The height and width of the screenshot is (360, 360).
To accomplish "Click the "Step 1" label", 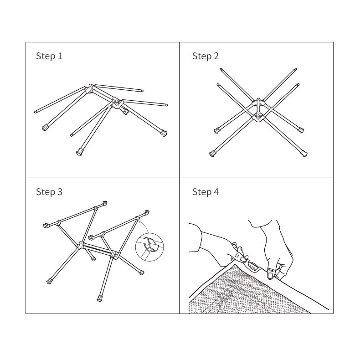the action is tap(49, 56).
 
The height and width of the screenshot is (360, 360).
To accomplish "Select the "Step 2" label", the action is tap(206, 56).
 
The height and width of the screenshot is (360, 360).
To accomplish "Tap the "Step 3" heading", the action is tap(49, 192).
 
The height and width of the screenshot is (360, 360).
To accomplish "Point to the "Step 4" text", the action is tap(206, 192).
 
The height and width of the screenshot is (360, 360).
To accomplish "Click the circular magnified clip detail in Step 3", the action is tap(149, 247).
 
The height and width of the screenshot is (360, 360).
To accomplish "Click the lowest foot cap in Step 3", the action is tap(100, 298).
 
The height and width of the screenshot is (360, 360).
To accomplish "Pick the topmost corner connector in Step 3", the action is tap(105, 203).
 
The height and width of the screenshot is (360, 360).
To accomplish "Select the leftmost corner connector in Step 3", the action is tap(46, 226).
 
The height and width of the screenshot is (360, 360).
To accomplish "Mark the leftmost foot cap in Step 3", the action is tap(49, 281).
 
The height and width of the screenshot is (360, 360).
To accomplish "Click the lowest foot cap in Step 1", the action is tap(79, 152).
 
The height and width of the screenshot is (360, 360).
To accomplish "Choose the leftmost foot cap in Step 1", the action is tap(45, 128).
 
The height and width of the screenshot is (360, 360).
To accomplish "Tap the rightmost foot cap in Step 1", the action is tap(164, 133).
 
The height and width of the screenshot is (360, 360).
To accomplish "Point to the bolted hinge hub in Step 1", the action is tap(117, 103).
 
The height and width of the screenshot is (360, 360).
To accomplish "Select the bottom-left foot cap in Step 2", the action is tap(213, 154).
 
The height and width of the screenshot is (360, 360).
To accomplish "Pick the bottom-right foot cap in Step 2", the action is tap(304, 154).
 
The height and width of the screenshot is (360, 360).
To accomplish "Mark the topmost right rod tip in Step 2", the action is tap(296, 69).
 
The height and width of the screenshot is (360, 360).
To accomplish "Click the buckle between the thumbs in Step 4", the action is tap(254, 266).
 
